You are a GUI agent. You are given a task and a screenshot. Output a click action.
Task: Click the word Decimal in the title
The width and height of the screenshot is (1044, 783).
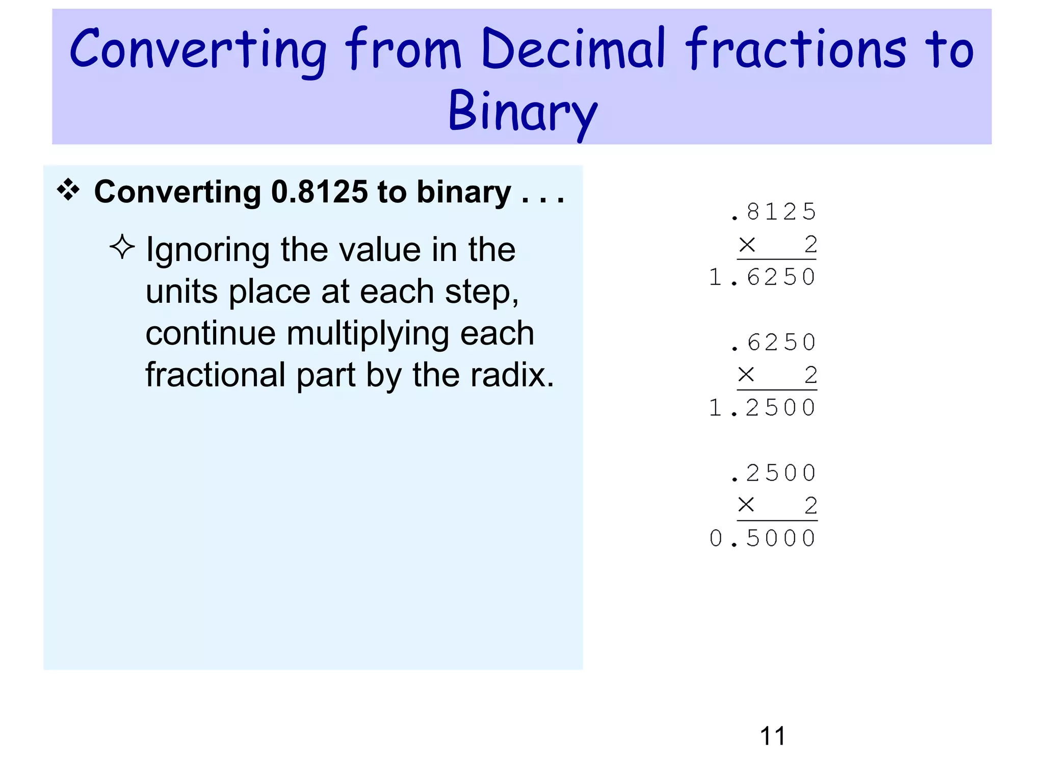click(x=573, y=49)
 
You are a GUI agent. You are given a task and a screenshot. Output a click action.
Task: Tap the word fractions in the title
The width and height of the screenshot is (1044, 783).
click(x=795, y=49)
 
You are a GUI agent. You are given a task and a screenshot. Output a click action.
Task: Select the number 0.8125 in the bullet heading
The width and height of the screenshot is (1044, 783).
click(x=319, y=192)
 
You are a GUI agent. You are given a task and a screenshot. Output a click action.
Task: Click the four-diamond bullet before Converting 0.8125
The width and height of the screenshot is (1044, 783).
click(x=68, y=190)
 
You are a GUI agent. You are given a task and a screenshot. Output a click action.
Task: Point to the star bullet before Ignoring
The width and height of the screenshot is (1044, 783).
click(x=122, y=247)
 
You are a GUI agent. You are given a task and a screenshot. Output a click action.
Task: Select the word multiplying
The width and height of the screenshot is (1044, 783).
click(x=368, y=333)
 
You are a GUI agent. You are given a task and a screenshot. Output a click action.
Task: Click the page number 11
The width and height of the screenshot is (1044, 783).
click(x=772, y=736)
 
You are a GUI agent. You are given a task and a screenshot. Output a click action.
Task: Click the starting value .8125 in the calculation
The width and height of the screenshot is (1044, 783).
click(x=773, y=212)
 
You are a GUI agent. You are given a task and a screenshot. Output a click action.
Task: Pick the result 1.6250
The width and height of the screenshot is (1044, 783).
click(x=763, y=277)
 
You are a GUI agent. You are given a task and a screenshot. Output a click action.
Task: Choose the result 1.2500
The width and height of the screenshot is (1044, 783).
click(x=763, y=408)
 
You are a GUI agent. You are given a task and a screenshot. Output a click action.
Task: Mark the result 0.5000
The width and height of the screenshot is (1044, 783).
click(x=763, y=538)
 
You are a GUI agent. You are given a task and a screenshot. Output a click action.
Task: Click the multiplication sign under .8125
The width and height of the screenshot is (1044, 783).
click(x=747, y=245)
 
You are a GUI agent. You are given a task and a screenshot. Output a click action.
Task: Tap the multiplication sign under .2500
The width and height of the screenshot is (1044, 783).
click(x=746, y=505)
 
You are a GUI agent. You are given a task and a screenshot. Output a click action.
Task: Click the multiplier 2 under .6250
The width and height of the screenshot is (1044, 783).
click(x=811, y=375)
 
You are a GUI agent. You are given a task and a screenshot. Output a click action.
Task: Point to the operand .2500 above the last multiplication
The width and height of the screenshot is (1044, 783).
click(x=773, y=473)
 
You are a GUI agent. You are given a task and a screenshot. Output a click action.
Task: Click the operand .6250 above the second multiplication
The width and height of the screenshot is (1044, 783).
click(x=773, y=343)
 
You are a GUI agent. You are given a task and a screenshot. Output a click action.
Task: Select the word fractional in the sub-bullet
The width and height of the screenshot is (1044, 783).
click(x=215, y=375)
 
